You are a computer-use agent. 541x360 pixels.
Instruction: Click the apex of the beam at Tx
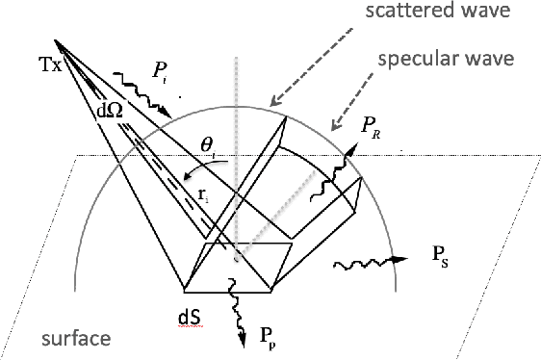(56, 40)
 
